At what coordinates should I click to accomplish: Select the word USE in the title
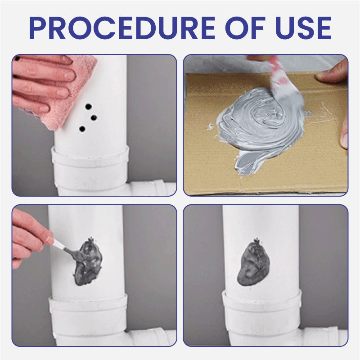(x=303, y=28)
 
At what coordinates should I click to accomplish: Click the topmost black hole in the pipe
(x=88, y=107)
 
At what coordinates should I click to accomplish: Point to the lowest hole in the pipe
(x=82, y=129)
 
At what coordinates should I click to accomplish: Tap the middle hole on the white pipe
(x=94, y=118)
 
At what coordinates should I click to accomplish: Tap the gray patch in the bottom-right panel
(x=253, y=263)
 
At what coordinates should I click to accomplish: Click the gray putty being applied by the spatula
(x=88, y=262)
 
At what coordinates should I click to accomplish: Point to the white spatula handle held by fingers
(x=59, y=244)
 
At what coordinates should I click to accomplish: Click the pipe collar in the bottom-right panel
(x=262, y=310)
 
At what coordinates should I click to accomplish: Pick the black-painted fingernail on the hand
(x=17, y=58)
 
